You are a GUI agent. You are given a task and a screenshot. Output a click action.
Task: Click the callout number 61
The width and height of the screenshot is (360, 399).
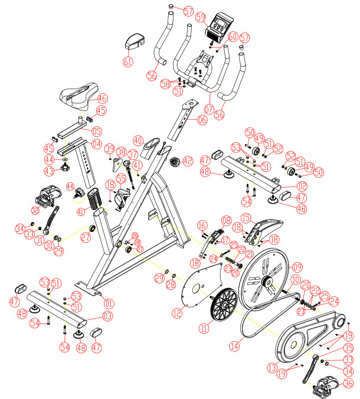[128, 61]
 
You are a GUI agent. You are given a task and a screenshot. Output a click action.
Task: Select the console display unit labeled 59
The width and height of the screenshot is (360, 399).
[220, 27]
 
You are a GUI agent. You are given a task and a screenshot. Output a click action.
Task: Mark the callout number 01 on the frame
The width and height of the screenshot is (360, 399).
[108, 304]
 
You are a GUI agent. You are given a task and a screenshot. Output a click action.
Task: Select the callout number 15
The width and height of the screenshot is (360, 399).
[245, 218]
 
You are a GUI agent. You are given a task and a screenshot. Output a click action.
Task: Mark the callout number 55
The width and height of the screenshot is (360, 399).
[120, 178]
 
